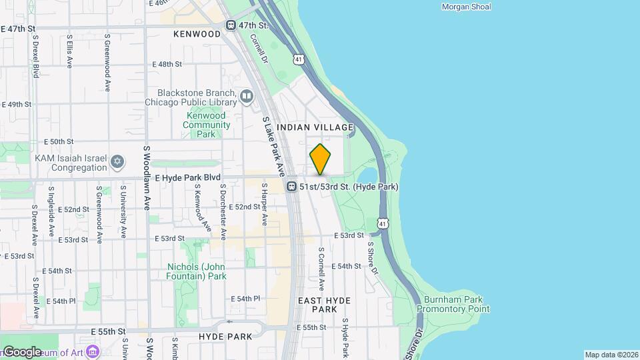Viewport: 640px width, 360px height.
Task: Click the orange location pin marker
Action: click(x=320, y=159)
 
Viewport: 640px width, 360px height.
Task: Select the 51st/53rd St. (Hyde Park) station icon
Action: click(x=291, y=187)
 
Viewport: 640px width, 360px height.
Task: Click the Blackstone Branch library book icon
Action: click(x=247, y=97)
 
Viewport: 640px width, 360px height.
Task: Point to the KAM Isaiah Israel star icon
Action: click(x=117, y=162)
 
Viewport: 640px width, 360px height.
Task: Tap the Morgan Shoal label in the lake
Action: click(x=466, y=7)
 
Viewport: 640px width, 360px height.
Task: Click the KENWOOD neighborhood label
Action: click(x=197, y=33)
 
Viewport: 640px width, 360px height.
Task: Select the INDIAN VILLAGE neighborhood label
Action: click(x=315, y=127)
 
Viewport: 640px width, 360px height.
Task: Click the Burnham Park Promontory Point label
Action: click(x=453, y=304)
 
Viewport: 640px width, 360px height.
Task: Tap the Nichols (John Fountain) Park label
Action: click(x=197, y=271)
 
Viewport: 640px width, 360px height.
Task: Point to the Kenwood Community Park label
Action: click(x=206, y=125)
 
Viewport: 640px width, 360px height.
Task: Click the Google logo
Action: click(x=22, y=351)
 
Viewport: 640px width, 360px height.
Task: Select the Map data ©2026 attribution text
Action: click(x=611, y=355)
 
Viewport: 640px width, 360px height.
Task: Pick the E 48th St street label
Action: click(x=167, y=64)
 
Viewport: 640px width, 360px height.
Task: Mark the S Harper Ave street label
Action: click(x=264, y=210)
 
